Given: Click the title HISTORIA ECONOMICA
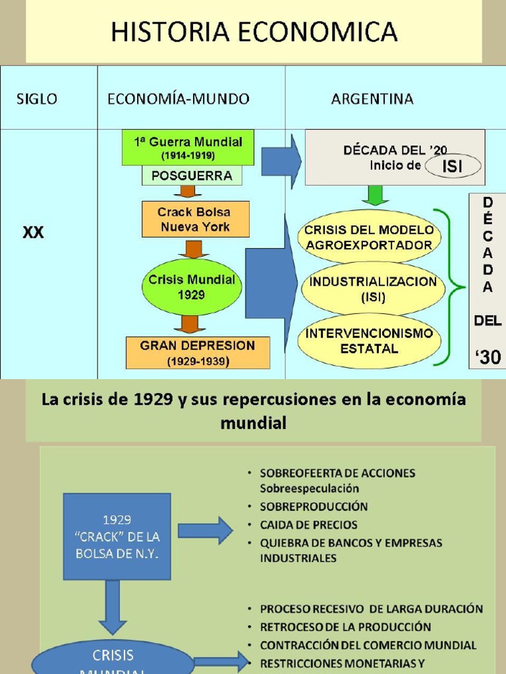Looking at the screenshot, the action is pyautogui.click(x=254, y=32).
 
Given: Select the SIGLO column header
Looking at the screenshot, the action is pyautogui.click(x=37, y=99).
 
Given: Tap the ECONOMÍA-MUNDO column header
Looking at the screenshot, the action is pyautogui.click(x=179, y=99).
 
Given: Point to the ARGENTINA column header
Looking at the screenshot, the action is pyautogui.click(x=372, y=99).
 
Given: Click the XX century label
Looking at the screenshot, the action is pyautogui.click(x=34, y=232).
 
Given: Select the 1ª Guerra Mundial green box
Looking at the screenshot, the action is pyautogui.click(x=188, y=147).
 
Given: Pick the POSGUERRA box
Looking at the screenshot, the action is pyautogui.click(x=192, y=176).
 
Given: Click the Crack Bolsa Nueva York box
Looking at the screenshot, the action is pyautogui.click(x=195, y=219).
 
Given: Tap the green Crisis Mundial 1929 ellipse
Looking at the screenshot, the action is pyautogui.click(x=192, y=286).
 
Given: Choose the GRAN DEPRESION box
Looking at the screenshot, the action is pyautogui.click(x=198, y=352).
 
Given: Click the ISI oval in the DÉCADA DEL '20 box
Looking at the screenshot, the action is pyautogui.click(x=453, y=166).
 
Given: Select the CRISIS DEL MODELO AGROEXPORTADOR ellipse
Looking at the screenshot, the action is pyautogui.click(x=369, y=237).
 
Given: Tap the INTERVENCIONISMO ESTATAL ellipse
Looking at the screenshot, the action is pyautogui.click(x=369, y=340).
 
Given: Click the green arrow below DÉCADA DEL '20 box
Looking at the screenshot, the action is pyautogui.click(x=376, y=195).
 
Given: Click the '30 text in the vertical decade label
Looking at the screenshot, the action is pyautogui.click(x=488, y=357).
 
